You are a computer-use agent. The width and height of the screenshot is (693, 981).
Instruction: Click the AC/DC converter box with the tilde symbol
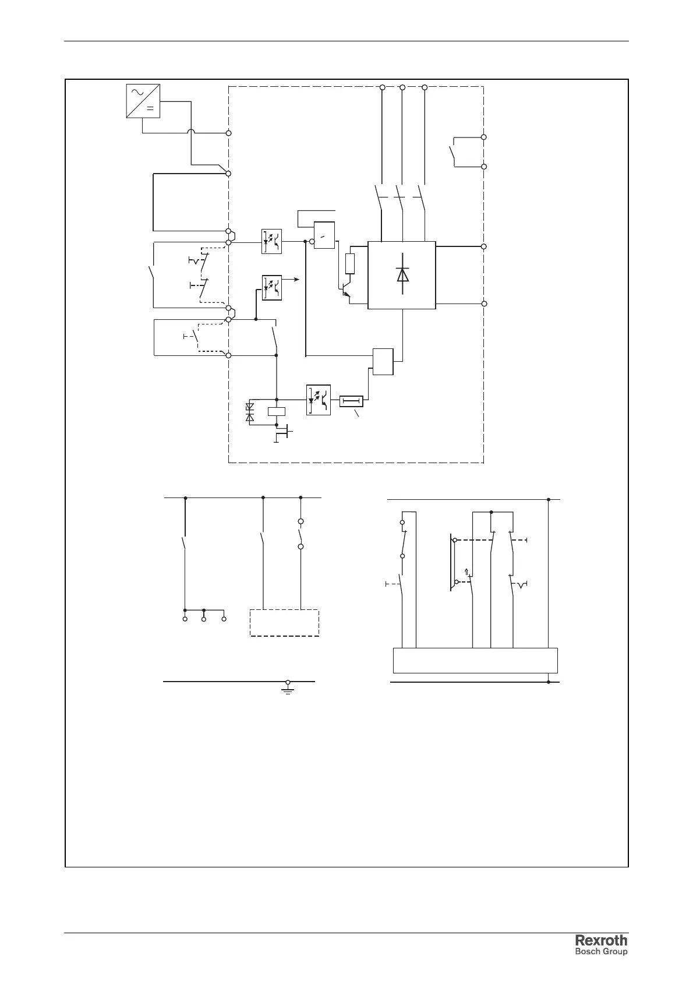pyautogui.click(x=143, y=101)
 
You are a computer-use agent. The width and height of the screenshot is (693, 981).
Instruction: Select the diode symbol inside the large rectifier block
pyautogui.click(x=402, y=274)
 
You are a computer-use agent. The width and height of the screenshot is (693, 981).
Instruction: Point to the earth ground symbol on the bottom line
pyautogui.click(x=288, y=688)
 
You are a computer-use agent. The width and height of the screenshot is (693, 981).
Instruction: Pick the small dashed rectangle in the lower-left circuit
pyautogui.click(x=284, y=623)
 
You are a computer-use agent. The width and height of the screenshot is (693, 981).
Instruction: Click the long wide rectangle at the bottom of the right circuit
pyautogui.click(x=475, y=660)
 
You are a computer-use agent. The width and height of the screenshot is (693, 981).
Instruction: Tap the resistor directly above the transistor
pyautogui.click(x=350, y=264)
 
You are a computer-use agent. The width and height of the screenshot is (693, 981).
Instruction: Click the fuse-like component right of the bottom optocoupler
pyautogui.click(x=351, y=401)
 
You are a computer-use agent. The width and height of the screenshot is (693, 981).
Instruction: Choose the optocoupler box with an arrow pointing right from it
pyautogui.click(x=271, y=287)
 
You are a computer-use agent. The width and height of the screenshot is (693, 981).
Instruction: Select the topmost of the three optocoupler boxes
pyautogui.click(x=271, y=241)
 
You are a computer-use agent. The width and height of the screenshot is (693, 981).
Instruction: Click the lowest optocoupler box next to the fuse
pyautogui.click(x=319, y=400)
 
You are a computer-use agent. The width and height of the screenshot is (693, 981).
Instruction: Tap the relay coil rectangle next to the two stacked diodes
pyautogui.click(x=276, y=411)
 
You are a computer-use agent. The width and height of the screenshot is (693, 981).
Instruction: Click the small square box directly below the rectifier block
pyautogui.click(x=383, y=361)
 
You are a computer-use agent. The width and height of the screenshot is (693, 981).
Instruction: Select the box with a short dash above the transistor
pyautogui.click(x=324, y=235)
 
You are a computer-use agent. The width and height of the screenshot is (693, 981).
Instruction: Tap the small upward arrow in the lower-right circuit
pyautogui.click(x=466, y=571)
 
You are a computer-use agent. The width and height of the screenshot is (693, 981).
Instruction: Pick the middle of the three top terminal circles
pyautogui.click(x=402, y=87)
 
